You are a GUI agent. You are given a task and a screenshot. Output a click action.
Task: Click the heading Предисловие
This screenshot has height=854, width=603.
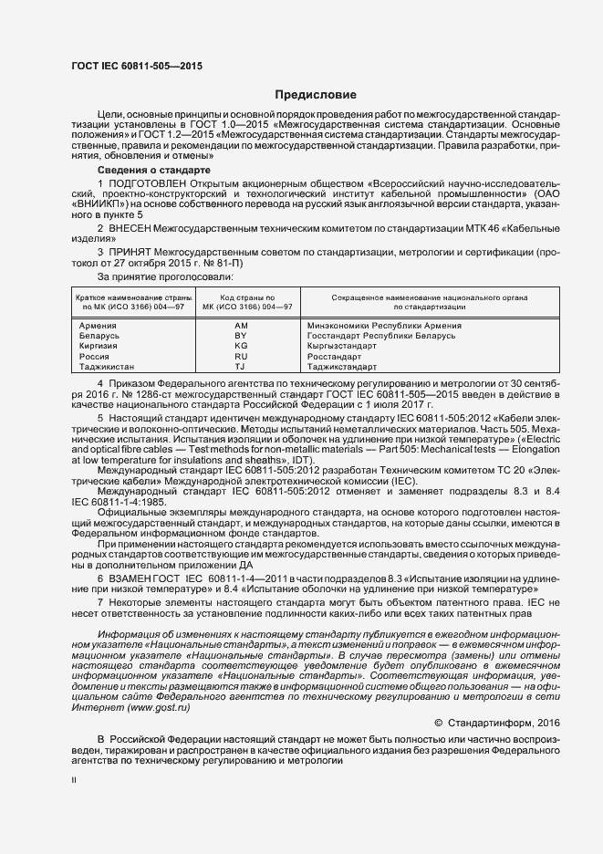(x=317, y=95)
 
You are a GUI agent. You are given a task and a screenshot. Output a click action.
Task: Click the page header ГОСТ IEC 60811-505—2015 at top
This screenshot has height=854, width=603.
(x=137, y=67)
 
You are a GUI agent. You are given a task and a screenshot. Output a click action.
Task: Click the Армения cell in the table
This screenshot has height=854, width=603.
(x=98, y=326)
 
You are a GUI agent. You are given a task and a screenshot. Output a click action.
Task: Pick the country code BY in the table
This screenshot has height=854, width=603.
(x=241, y=336)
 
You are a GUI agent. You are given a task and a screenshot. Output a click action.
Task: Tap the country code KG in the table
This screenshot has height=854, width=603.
(x=241, y=346)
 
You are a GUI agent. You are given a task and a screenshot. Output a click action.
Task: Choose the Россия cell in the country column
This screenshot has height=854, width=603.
(x=95, y=357)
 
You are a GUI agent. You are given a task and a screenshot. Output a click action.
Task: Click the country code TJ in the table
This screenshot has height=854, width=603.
(x=241, y=367)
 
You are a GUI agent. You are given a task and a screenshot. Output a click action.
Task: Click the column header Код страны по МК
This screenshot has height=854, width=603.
(x=241, y=303)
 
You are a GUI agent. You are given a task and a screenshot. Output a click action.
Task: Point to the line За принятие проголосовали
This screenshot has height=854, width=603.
(x=164, y=276)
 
